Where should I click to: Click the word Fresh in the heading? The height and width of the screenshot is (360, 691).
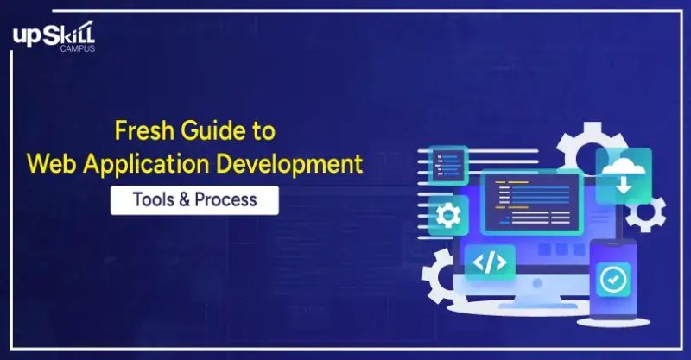pyautogui.click(x=141, y=132)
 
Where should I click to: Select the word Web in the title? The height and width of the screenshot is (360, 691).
pyautogui.click(x=52, y=162)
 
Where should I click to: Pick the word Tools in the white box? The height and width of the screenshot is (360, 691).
pyautogui.click(x=151, y=199)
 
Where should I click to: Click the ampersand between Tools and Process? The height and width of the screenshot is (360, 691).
pyautogui.click(x=182, y=199)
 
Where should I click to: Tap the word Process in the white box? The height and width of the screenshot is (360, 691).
pyautogui.click(x=225, y=199)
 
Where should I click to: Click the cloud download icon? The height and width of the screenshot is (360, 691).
pyautogui.click(x=624, y=172)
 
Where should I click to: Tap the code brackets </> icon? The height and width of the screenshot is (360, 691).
pyautogui.click(x=490, y=262)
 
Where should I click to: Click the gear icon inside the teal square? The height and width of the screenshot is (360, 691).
pyautogui.click(x=448, y=215)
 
